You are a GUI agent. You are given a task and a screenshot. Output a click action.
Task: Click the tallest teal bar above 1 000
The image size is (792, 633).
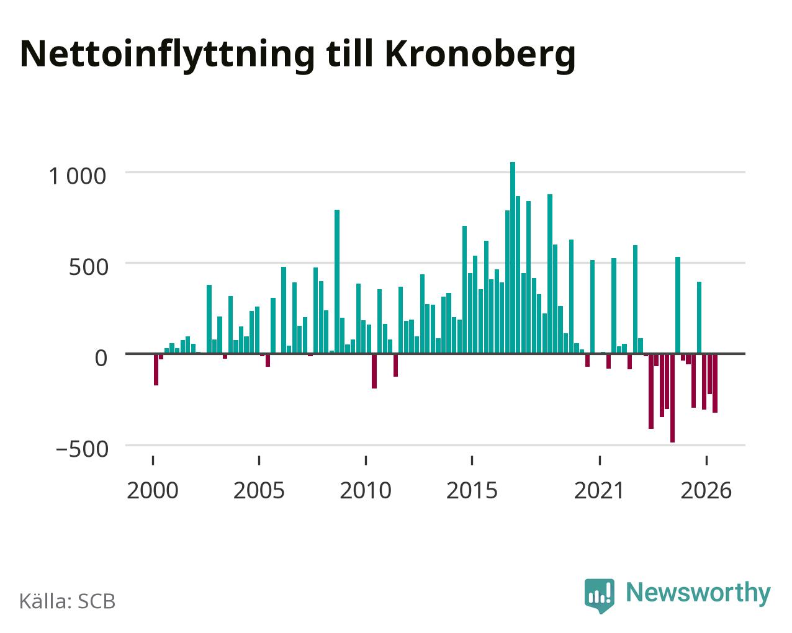pyautogui.click(x=512, y=258)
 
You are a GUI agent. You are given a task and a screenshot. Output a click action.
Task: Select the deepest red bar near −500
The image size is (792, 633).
pyautogui.click(x=672, y=398)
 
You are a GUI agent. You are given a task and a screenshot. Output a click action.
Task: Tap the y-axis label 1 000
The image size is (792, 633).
pyautogui.click(x=78, y=176)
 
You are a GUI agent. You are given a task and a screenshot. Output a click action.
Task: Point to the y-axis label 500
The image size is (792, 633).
pyautogui.click(x=89, y=267)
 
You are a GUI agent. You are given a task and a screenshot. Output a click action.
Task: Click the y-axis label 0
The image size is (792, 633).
pyautogui.click(x=101, y=357)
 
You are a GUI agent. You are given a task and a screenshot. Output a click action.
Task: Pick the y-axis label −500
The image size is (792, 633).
pyautogui.click(x=82, y=449)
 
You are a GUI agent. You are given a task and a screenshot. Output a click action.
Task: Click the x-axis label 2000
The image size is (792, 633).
pyautogui.click(x=153, y=490)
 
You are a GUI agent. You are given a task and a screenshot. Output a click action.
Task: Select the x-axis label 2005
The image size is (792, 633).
pyautogui.click(x=259, y=490)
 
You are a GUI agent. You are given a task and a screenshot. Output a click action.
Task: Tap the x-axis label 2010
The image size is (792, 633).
pyautogui.click(x=366, y=490)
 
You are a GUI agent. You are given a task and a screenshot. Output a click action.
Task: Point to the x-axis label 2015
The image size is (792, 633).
pyautogui.click(x=472, y=490)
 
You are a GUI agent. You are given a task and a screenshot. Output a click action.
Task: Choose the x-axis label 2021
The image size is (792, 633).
pyautogui.click(x=600, y=490)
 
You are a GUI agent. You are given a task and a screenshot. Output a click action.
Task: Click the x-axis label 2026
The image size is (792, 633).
pyautogui.click(x=706, y=490)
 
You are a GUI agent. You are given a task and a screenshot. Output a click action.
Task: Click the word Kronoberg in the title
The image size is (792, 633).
pyautogui.click(x=480, y=55)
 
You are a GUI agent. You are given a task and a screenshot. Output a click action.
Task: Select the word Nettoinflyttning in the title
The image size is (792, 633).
pyautogui.click(x=167, y=55)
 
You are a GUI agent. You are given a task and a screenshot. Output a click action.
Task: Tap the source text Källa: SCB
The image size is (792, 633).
pyautogui.click(x=68, y=601)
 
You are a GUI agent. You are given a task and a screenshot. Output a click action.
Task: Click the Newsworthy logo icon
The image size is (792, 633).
pyautogui.click(x=600, y=596)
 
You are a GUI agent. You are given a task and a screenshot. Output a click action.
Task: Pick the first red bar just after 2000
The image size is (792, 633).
pyautogui.click(x=156, y=369)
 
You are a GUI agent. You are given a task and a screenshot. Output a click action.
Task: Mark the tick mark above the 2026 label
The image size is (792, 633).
pyautogui.click(x=706, y=460)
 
